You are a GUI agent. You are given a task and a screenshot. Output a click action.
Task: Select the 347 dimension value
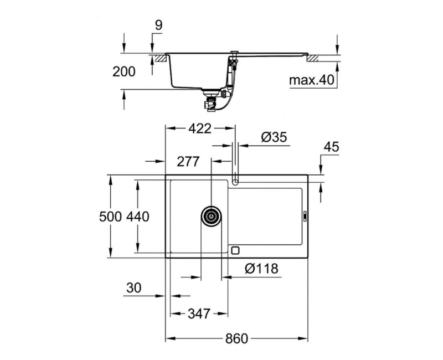198,314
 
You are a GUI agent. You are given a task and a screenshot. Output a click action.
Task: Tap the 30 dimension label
134,288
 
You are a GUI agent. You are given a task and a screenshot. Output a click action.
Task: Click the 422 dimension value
199,129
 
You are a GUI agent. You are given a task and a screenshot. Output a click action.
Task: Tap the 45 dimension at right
331,147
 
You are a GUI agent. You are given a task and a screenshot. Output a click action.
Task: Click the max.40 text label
311,81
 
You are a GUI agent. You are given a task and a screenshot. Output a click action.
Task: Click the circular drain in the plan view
211,216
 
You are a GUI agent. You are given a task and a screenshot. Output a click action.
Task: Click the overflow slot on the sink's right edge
305,217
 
